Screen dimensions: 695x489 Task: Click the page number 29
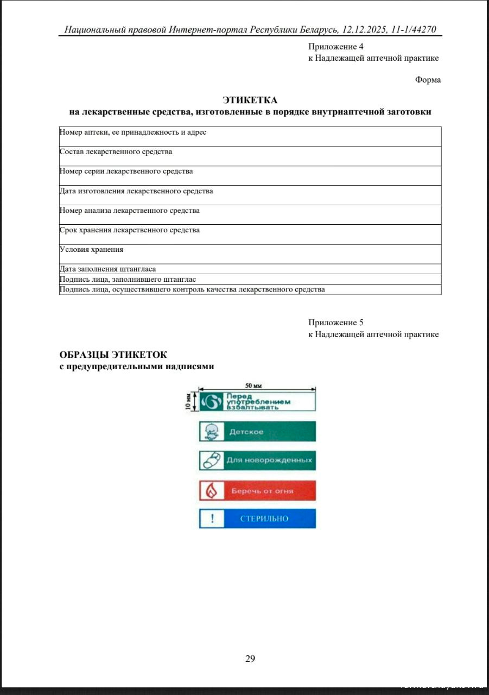click(x=250, y=659)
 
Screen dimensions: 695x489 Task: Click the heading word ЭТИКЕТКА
click(x=250, y=100)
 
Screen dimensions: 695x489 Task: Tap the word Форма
click(x=428, y=80)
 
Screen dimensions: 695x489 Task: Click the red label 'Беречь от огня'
click(x=257, y=491)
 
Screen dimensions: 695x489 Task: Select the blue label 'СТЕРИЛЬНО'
click(x=257, y=519)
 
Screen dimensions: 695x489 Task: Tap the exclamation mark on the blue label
click(x=212, y=519)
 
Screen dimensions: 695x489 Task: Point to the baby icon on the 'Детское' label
click(x=212, y=432)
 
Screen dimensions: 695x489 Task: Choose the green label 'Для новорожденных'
click(x=257, y=460)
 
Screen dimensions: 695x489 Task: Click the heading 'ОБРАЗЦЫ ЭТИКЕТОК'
click(x=113, y=355)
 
